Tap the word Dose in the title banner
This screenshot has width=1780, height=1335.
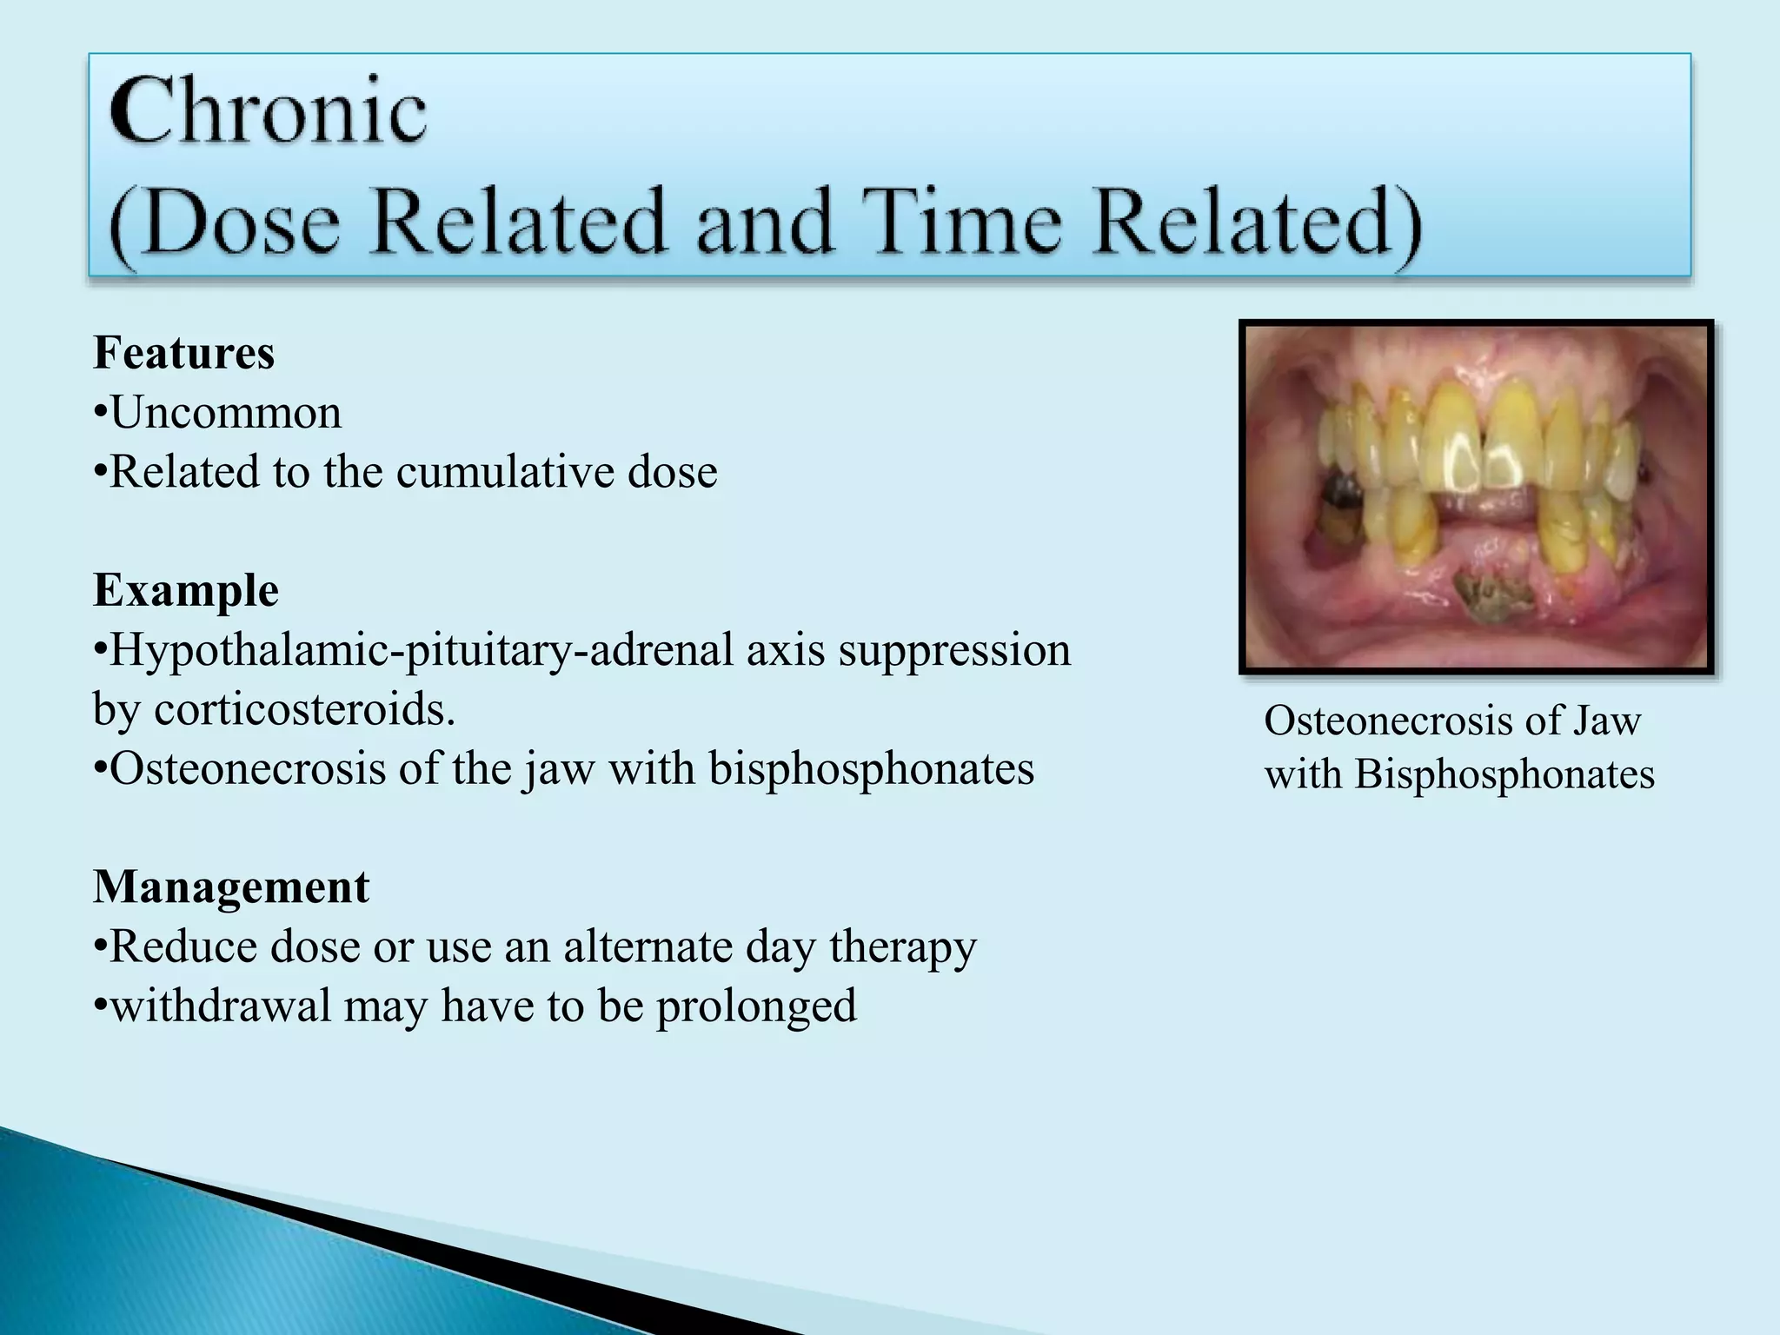click(242, 222)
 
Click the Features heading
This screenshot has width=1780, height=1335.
click(183, 353)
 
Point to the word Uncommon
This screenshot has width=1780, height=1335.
click(226, 413)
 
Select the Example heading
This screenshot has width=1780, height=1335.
click(185, 590)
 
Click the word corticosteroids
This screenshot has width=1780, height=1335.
click(304, 709)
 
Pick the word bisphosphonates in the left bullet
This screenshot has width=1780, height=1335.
click(871, 768)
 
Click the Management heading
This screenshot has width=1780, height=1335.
click(231, 887)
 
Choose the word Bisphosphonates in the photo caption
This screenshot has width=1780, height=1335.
click(1504, 774)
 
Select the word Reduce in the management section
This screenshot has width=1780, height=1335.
click(183, 946)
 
